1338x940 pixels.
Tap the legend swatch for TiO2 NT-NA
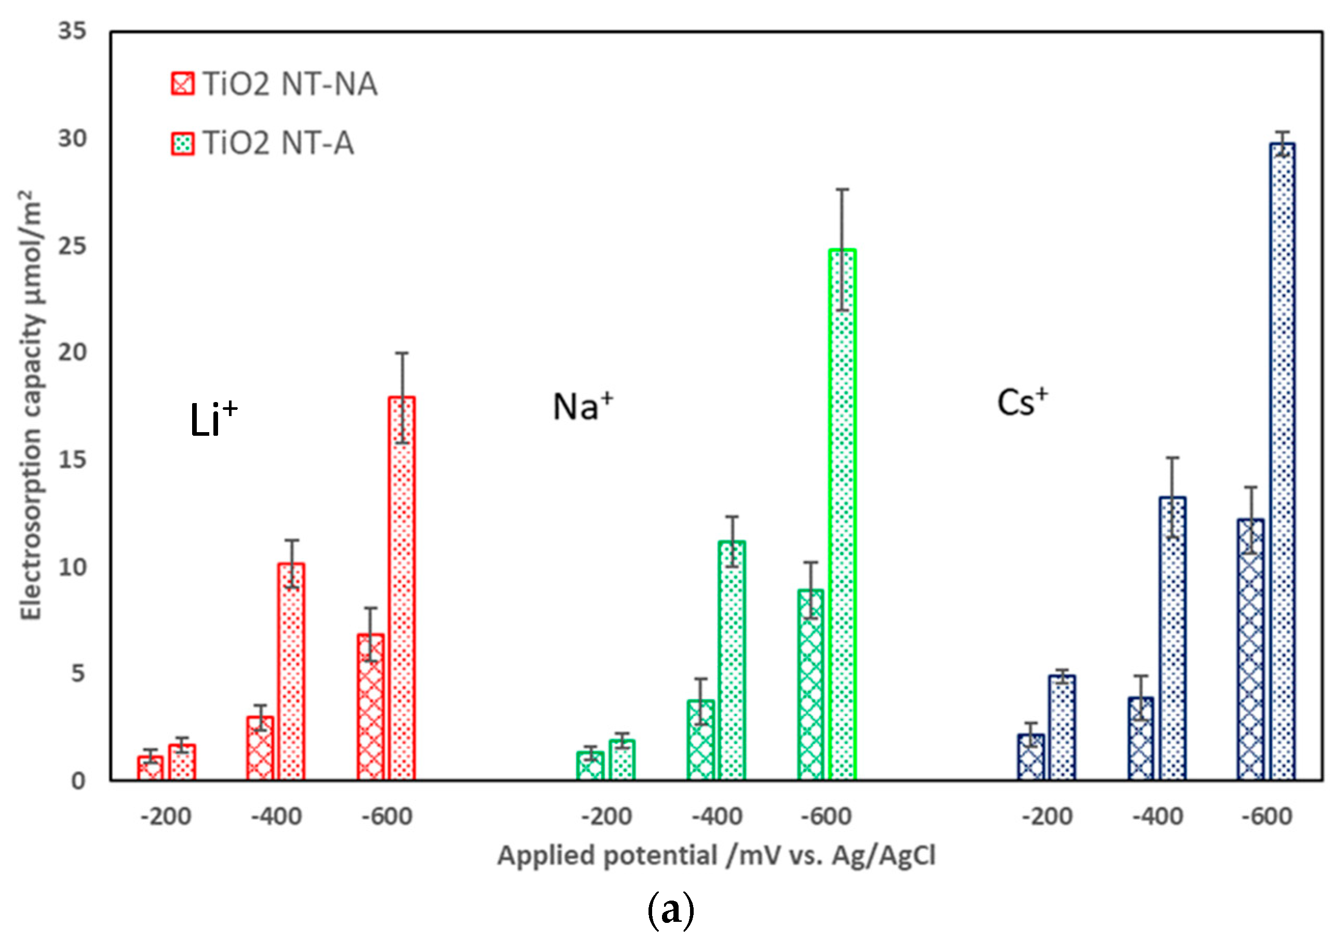coord(182,84)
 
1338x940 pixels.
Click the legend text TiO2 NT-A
coord(279,143)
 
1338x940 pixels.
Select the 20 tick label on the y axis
coord(72,352)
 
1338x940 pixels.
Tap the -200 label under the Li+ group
coord(166,817)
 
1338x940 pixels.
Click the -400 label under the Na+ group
coord(717,817)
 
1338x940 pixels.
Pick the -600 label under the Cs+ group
coord(1267,817)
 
